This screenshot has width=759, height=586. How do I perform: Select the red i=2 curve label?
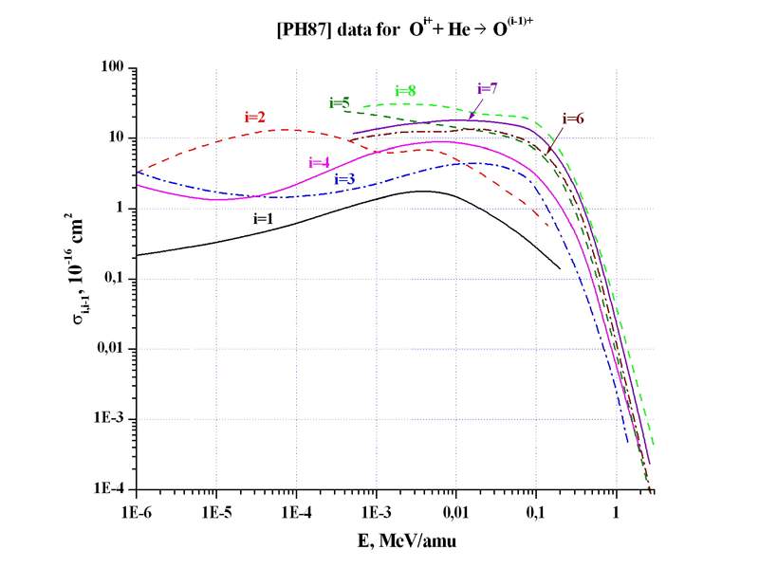(x=254, y=118)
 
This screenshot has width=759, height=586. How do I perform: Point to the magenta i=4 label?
(x=320, y=161)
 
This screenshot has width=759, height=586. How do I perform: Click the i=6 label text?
(x=573, y=119)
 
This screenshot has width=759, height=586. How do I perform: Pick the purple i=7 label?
(x=487, y=88)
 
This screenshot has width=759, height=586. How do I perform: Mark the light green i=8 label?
(x=405, y=90)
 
